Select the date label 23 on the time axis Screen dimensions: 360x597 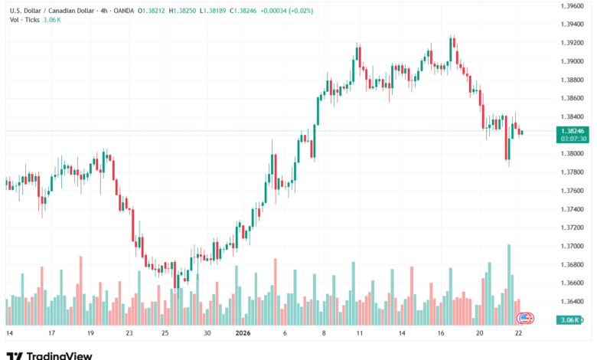pos(129,333)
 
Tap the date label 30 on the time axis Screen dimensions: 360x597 pos(207,333)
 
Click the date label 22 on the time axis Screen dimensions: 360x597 pos(520,333)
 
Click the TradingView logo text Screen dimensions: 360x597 pos(59,355)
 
